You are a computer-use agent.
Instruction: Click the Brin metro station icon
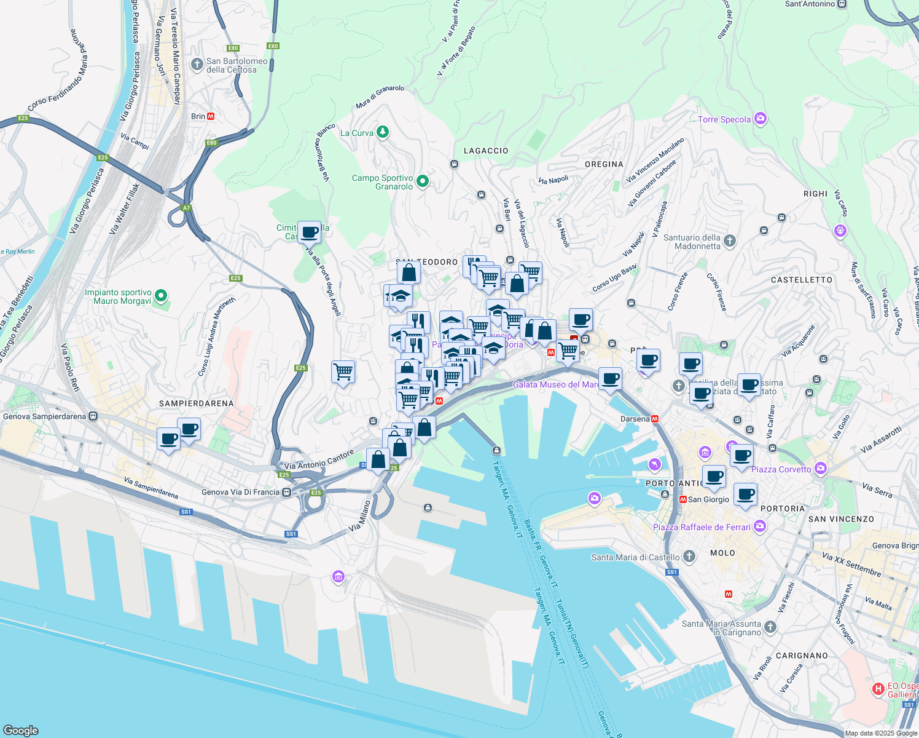(x=211, y=116)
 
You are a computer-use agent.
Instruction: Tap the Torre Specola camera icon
(x=760, y=119)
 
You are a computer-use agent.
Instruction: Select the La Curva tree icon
(x=383, y=132)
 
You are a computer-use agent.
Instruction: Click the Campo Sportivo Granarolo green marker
(x=422, y=181)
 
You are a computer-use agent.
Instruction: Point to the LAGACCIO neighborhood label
(x=485, y=151)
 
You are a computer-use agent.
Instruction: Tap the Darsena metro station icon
(x=655, y=419)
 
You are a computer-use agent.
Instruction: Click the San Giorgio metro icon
(x=682, y=499)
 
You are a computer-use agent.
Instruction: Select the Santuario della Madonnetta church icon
(x=729, y=241)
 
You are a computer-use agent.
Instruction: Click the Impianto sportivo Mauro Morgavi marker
(x=161, y=296)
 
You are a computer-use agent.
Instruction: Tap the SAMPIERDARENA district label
(x=196, y=403)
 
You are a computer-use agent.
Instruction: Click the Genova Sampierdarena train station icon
(x=93, y=416)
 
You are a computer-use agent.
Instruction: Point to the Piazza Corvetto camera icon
(x=820, y=469)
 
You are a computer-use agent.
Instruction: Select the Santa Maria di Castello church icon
(x=689, y=557)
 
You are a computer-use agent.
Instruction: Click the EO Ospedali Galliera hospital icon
(x=878, y=689)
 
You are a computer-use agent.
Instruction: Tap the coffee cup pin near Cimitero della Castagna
(x=309, y=232)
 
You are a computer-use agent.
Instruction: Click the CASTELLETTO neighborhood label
(x=801, y=280)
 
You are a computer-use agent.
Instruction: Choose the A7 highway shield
(x=186, y=208)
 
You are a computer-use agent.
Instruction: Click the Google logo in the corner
(x=21, y=730)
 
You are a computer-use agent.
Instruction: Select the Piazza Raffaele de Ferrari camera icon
(x=760, y=526)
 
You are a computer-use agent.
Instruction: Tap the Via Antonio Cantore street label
(x=319, y=460)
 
